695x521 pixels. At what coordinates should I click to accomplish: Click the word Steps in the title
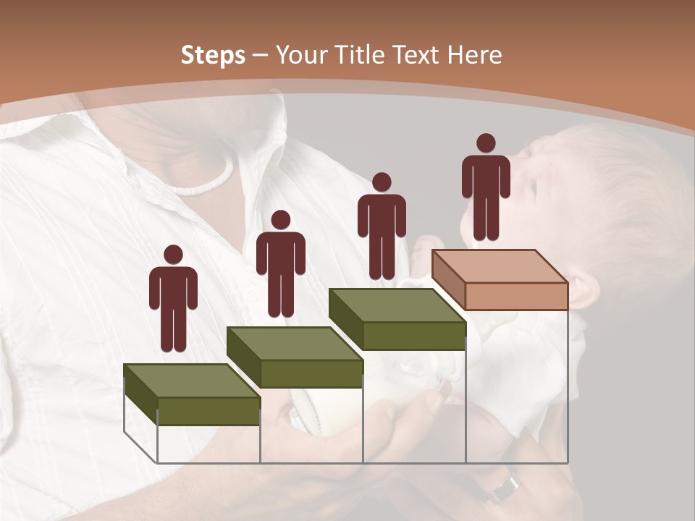[x=213, y=55]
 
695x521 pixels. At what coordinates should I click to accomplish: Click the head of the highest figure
[x=486, y=143]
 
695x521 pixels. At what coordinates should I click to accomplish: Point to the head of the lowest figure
[x=173, y=255]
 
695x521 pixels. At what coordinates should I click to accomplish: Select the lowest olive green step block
[x=192, y=395]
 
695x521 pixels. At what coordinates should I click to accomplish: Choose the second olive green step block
[x=295, y=357]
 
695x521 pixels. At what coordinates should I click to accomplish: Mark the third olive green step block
[x=397, y=319]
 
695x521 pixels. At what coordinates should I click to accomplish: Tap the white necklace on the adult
[x=206, y=181]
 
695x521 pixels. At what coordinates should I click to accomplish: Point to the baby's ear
[x=586, y=289]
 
